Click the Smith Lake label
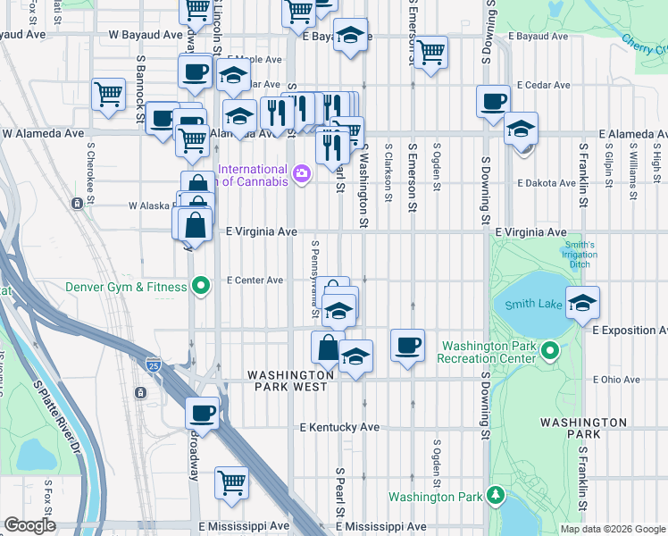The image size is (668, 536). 533,304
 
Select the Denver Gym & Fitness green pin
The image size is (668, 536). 202,287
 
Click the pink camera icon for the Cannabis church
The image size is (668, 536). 302,172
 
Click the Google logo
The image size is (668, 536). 29,525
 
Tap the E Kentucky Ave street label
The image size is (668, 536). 339,428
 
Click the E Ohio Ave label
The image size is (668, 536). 616,380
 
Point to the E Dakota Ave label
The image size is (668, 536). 547,183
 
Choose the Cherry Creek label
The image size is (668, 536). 640,41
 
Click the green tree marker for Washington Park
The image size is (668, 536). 496,496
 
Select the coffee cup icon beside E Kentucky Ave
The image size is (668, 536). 203,413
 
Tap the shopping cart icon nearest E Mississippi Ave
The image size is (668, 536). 231,482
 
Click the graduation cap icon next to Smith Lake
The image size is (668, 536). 582,303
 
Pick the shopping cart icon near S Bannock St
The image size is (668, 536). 108,93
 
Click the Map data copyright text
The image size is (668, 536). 612,529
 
